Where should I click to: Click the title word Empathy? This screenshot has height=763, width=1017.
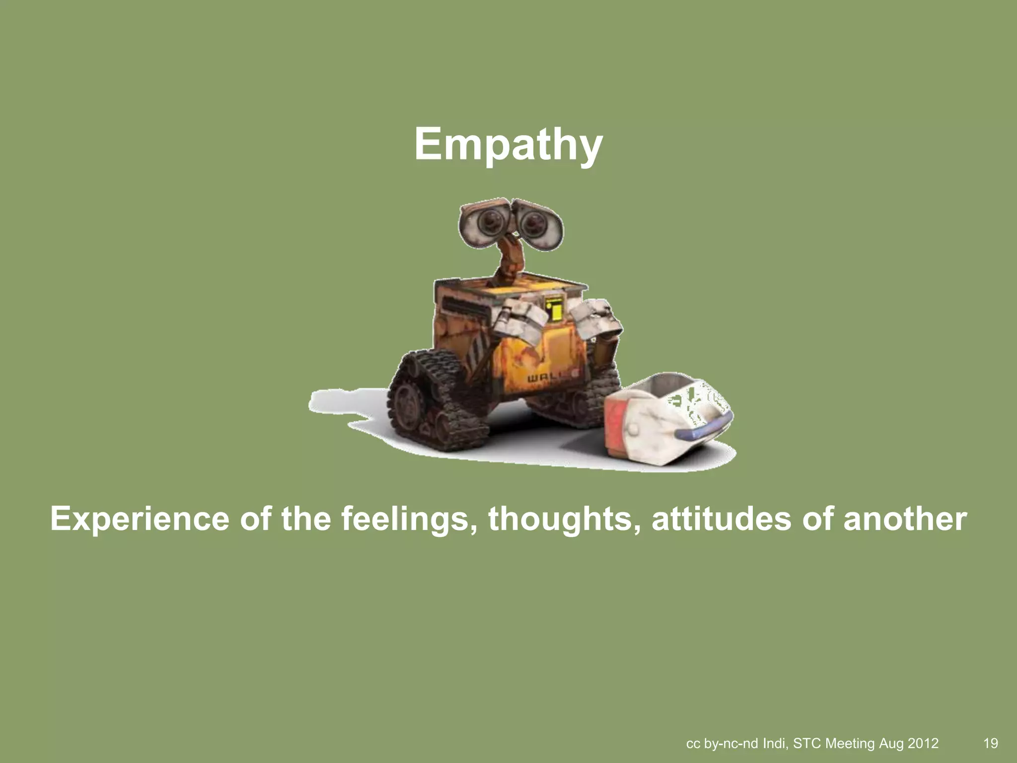[x=508, y=144]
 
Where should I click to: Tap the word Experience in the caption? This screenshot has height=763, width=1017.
[x=140, y=519]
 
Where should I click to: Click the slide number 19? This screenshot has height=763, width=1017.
[x=990, y=743]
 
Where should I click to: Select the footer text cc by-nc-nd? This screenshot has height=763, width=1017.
[x=722, y=743]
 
